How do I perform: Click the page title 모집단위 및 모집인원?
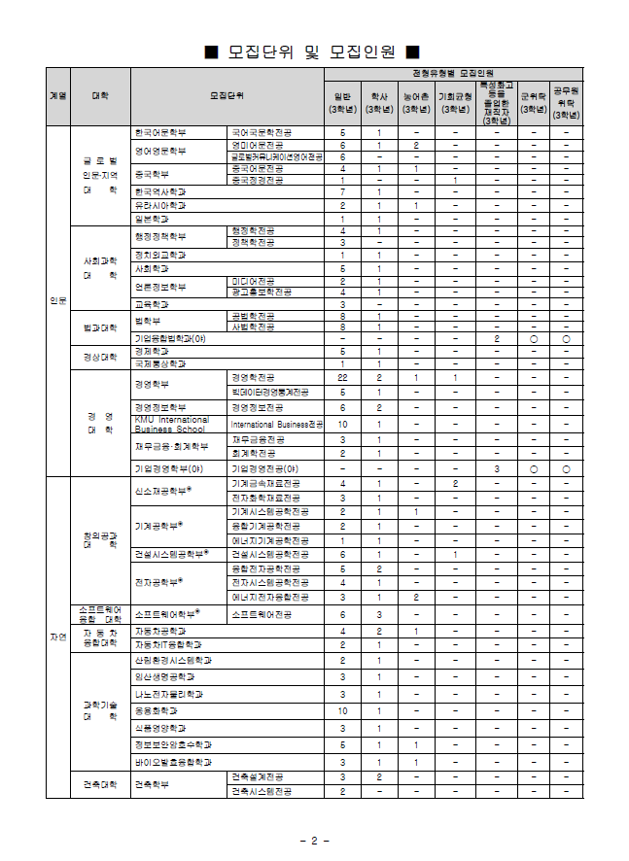coord(314,51)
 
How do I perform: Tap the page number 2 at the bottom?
coord(314,840)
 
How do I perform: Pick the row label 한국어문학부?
coord(161,131)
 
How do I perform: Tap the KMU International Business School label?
coord(171,424)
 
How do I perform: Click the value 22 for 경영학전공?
coord(342,376)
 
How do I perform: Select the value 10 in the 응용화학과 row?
coord(342,710)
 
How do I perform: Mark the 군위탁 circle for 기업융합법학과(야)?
coord(532,338)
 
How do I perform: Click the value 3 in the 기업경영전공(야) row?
coord(496,468)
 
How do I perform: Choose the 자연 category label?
coord(57,637)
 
